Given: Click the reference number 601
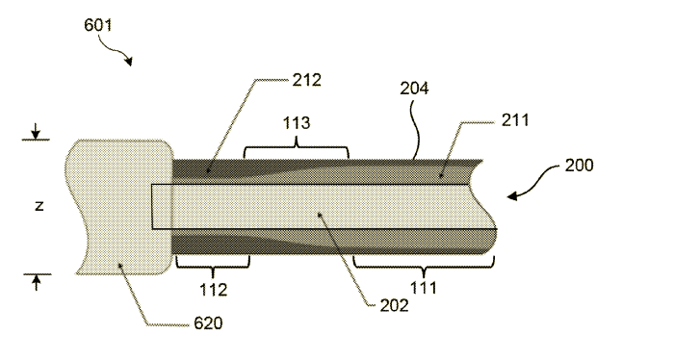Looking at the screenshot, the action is tap(97, 25).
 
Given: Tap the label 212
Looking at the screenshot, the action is tap(306, 80).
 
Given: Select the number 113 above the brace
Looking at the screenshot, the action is tap(297, 123).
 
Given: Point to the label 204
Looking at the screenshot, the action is tap(414, 88).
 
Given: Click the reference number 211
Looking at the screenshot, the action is tap(515, 120).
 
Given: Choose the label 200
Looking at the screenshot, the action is tap(579, 165).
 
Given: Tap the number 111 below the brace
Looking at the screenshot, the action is tap(424, 288).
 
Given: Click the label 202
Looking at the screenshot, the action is tap(394, 305).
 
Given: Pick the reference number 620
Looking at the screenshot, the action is tap(208, 323).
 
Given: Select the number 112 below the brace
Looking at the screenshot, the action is tap(213, 290).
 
